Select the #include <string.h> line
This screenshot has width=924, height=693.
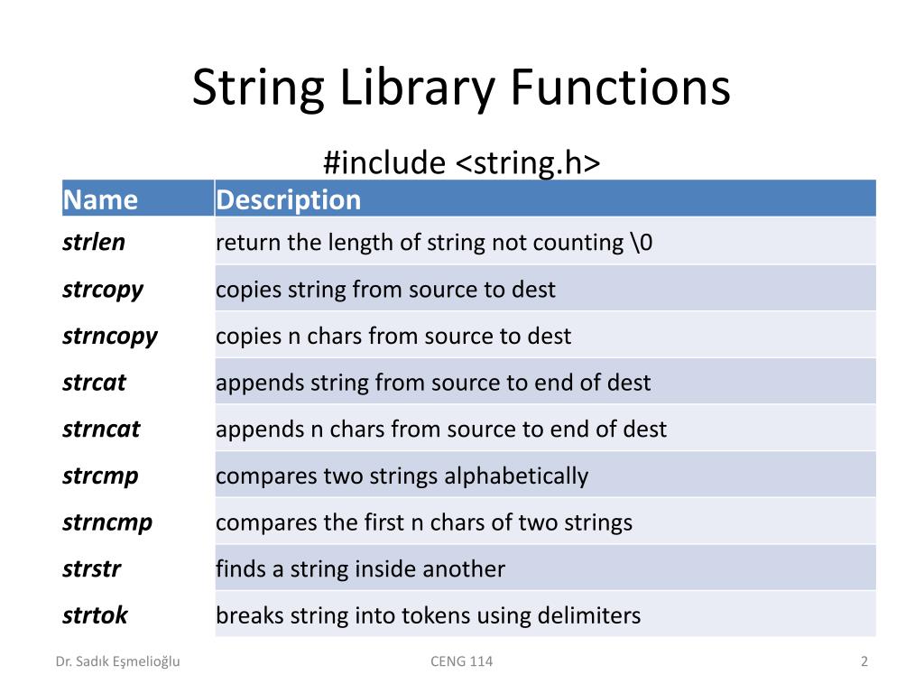(461, 163)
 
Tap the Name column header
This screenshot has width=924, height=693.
(100, 199)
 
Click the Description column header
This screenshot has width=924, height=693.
(288, 199)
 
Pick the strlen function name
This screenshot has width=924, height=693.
(94, 242)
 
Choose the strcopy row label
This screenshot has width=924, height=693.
(103, 290)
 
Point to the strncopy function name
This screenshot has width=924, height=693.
(110, 337)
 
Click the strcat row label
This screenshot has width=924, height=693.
(94, 383)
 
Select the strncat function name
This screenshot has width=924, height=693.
(101, 430)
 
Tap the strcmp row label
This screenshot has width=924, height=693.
(100, 476)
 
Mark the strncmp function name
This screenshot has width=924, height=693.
(107, 522)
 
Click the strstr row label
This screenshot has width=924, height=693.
(91, 569)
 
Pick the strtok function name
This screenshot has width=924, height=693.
(95, 615)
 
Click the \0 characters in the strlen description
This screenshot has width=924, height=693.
(641, 242)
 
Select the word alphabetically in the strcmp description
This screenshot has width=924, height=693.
(515, 476)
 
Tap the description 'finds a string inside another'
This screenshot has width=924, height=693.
(360, 569)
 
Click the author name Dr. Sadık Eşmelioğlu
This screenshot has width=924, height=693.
(118, 661)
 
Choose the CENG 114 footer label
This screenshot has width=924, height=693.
(462, 661)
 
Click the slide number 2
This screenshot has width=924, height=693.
(864, 661)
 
